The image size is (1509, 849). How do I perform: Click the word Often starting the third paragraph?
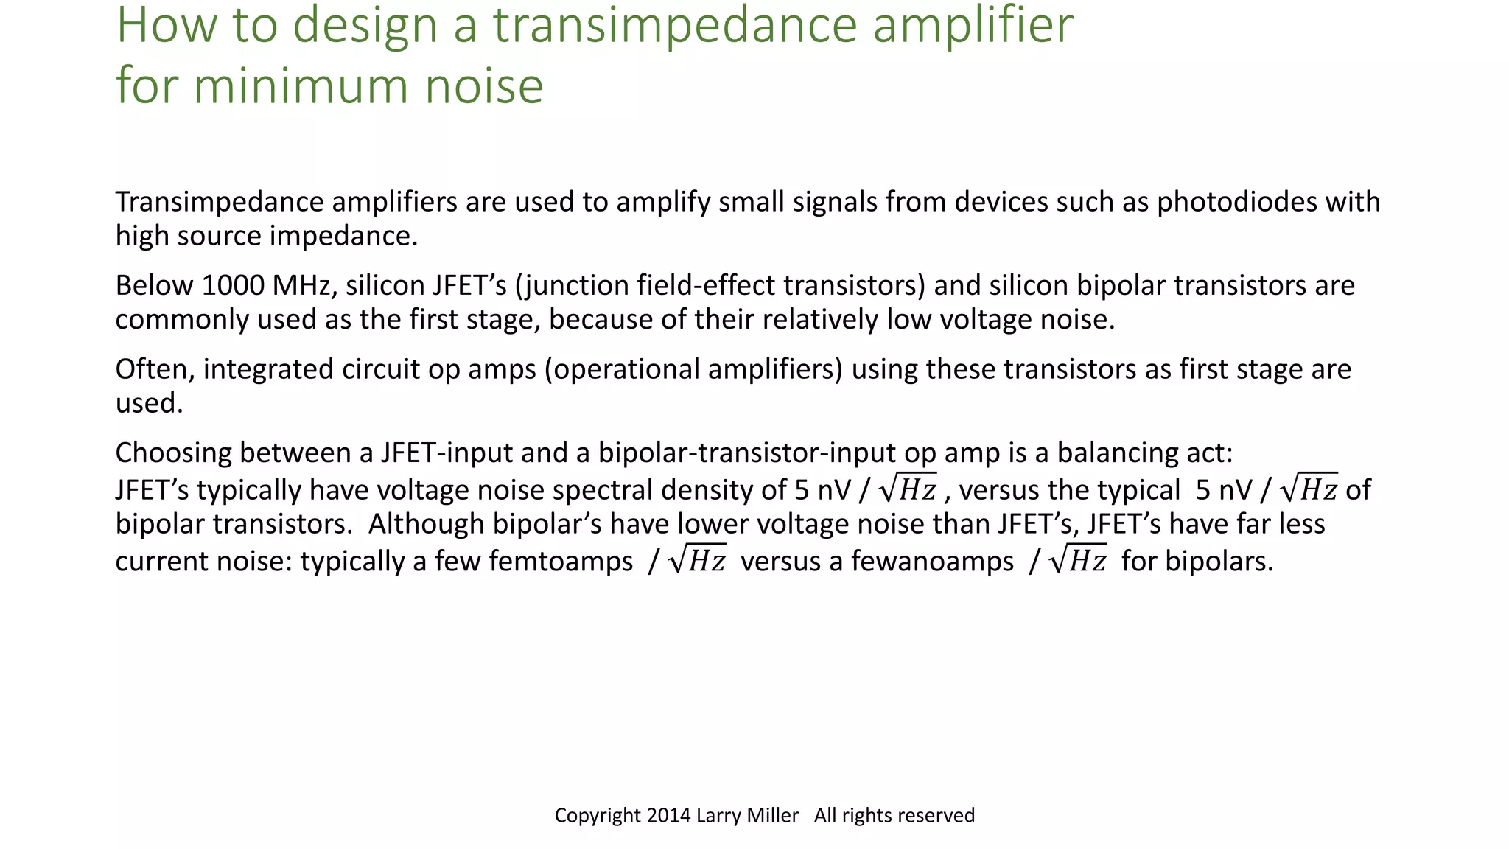point(155,369)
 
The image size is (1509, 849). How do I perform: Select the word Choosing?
point(174,453)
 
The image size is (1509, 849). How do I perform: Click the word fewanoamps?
point(933,562)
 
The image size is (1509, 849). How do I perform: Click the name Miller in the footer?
point(773,815)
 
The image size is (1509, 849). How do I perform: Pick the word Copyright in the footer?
point(598,815)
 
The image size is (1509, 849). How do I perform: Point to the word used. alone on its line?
point(150,403)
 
